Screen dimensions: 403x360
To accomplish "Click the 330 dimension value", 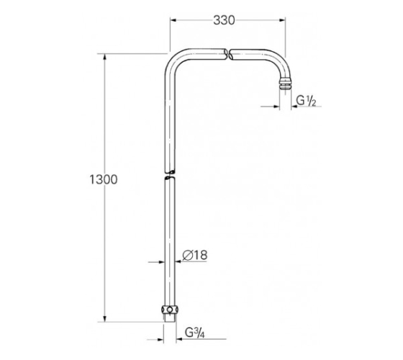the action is coord(224,20).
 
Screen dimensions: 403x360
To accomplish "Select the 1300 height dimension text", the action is coord(104,179).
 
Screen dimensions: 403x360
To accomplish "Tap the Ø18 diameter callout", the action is coord(195,255).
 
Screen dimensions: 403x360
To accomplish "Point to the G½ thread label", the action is coord(306,101).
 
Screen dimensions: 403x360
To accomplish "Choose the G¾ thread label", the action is coord(194,333).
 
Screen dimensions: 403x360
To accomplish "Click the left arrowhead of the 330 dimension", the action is coord(173,20).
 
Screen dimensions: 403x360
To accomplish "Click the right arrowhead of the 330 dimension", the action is coord(282,20).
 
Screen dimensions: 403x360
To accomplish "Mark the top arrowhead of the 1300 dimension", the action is coord(104,57).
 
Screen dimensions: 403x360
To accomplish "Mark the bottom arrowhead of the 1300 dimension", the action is coord(104,318).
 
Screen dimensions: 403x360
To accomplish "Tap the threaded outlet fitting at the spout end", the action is coord(285,85).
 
